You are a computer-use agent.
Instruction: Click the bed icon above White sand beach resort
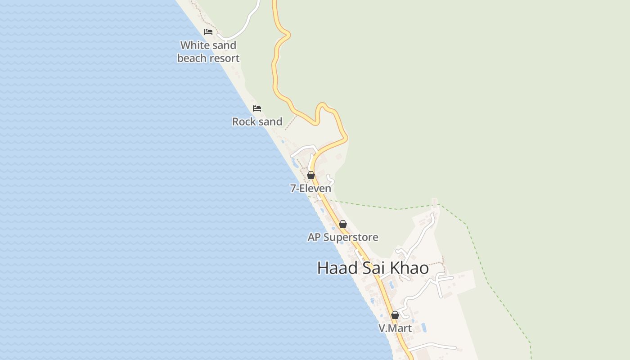(x=208, y=32)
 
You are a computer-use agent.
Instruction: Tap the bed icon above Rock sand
(x=257, y=108)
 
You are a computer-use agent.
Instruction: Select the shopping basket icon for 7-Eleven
(x=311, y=175)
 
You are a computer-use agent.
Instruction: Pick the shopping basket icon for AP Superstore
(x=343, y=224)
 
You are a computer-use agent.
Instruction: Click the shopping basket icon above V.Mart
(x=395, y=315)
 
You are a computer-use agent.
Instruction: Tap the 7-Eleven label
(x=310, y=189)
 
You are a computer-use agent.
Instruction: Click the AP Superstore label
(x=343, y=237)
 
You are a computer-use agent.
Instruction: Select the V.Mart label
(x=395, y=328)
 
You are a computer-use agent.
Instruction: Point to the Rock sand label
(x=257, y=121)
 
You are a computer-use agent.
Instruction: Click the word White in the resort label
(x=195, y=45)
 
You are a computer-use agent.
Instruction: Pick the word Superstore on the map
(x=351, y=237)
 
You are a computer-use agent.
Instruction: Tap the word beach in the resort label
(x=193, y=58)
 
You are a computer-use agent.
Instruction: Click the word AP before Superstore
(x=314, y=237)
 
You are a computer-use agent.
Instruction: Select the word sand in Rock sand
(x=270, y=121)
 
